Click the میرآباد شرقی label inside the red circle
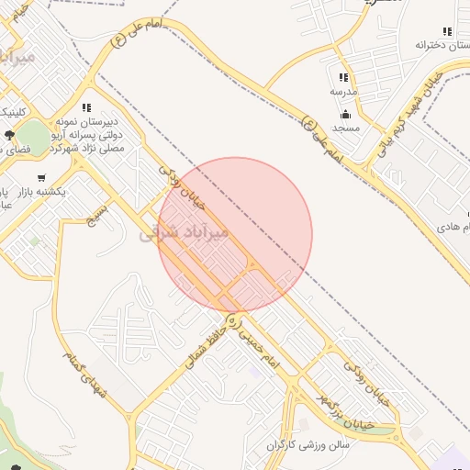183,234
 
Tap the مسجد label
346,129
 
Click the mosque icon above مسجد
345,114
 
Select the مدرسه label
344,93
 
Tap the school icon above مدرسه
343,78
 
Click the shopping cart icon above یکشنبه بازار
40,177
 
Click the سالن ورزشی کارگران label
310,445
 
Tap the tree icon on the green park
8,135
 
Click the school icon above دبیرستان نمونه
86,107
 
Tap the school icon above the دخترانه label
447,31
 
